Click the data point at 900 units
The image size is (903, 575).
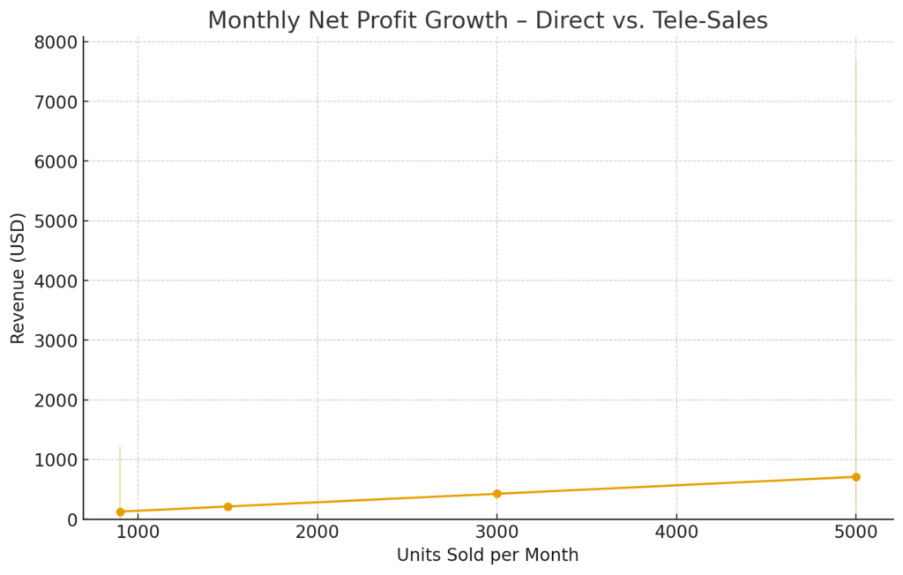[x=120, y=512]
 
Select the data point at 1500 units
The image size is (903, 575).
[x=228, y=506]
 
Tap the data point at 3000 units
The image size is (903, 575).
[x=496, y=494]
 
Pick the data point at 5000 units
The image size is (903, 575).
[x=855, y=477]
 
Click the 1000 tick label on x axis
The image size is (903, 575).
[x=138, y=534]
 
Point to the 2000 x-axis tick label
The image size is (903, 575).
[x=317, y=534]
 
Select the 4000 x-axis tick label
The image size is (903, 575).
[x=676, y=534]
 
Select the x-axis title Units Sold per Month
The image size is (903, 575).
[x=488, y=556]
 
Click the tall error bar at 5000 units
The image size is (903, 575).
[x=855, y=265]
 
